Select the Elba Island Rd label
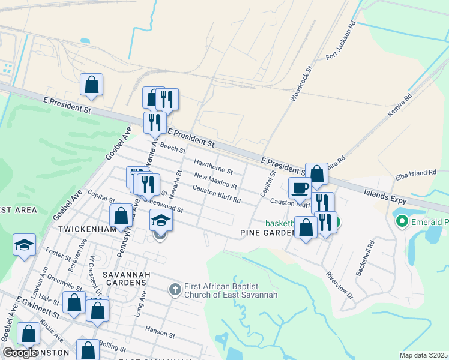(415, 173)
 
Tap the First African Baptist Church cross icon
(175, 290)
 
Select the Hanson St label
(160, 331)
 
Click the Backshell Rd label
(364, 258)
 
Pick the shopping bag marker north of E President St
(91, 85)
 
